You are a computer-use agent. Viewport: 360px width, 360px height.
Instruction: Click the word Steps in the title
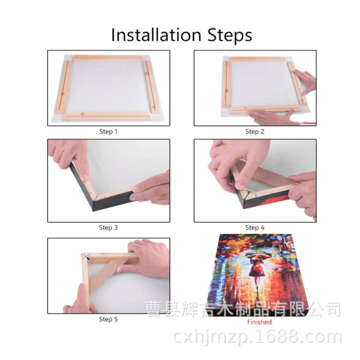[229, 35]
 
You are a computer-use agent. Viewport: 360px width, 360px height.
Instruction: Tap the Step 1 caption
[108, 132]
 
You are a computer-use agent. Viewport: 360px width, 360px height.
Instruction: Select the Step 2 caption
[255, 132]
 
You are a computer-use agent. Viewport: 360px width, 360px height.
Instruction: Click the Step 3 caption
[108, 228]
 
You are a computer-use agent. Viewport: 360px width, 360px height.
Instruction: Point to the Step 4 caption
[255, 228]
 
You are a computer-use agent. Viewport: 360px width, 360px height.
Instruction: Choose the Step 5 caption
[108, 319]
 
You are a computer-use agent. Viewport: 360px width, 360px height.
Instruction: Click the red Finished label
[259, 322]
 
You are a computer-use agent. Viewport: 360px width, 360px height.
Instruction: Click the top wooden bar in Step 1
[108, 58]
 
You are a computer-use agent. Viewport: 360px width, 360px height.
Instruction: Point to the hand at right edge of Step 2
[306, 81]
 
